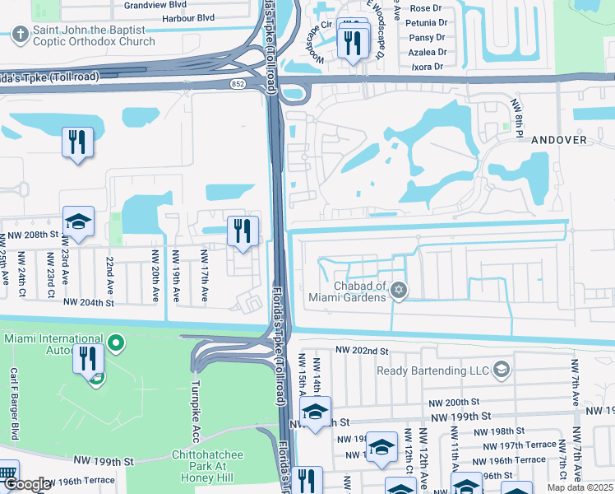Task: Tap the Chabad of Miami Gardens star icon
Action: tap(399, 290)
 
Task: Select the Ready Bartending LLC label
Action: tap(432, 370)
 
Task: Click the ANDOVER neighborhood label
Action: tap(559, 140)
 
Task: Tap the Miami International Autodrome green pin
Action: tap(116, 342)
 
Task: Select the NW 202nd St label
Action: tap(363, 351)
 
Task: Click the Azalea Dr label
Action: tap(431, 51)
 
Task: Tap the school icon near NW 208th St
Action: tap(79, 222)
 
